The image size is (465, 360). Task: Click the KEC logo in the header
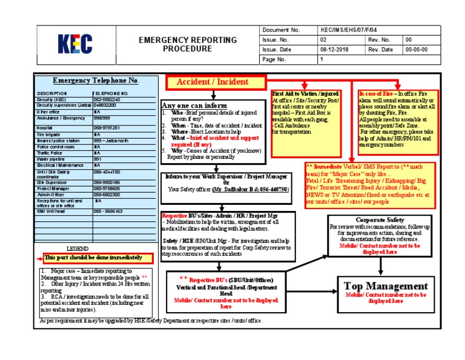75,44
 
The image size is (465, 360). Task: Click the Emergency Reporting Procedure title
188,44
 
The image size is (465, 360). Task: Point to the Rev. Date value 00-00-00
416,50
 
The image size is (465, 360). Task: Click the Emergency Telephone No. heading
96,81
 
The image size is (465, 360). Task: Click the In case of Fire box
397,116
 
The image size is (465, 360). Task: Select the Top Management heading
386,286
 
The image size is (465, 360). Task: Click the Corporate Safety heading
380,219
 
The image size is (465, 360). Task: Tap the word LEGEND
77,248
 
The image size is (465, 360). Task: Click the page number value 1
322,60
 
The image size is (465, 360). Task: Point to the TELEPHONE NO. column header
110,94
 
